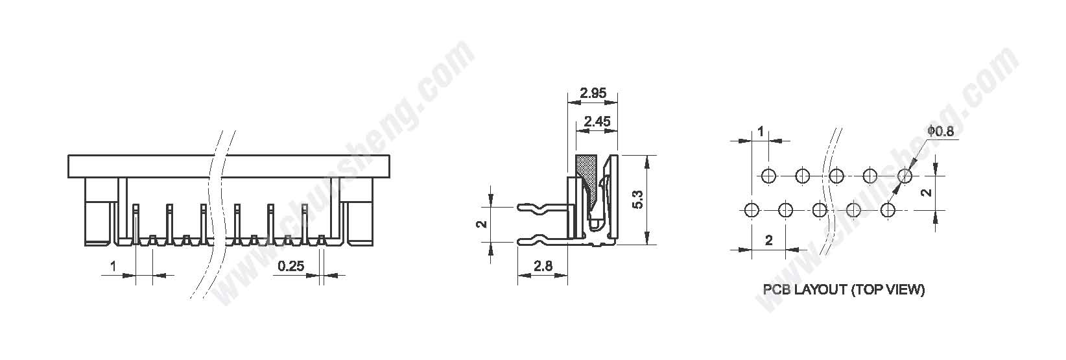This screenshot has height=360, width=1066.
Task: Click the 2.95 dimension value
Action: point(593,93)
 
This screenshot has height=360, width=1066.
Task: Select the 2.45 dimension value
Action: point(597,121)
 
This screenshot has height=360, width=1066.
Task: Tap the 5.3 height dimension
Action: point(637,200)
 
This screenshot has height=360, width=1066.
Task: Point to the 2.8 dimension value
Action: point(543,266)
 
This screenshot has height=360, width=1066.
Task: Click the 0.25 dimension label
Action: point(290,266)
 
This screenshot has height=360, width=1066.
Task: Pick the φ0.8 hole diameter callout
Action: point(940,131)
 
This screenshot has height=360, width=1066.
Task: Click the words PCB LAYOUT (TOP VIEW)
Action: point(844,289)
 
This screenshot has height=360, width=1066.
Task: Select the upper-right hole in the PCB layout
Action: point(905,176)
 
